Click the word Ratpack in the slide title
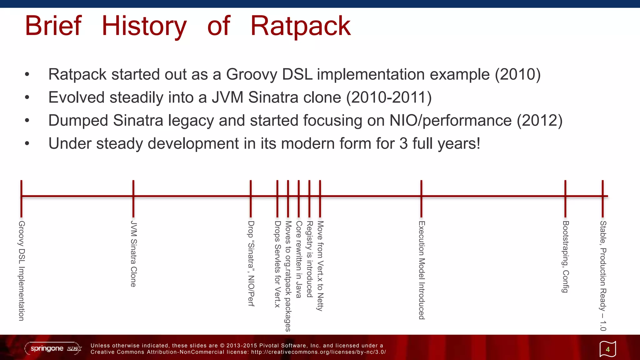pyautogui.click(x=300, y=26)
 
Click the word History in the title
pyautogui.click(x=144, y=26)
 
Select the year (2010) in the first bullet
pyautogui.click(x=517, y=75)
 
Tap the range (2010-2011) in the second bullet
pyautogui.click(x=389, y=97)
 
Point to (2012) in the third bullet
pyautogui.click(x=539, y=121)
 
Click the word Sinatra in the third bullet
pyautogui.click(x=138, y=121)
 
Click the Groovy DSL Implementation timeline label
pyautogui.click(x=21, y=271)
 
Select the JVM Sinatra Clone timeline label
pyautogui.click(x=133, y=254)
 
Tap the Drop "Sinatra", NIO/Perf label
pyautogui.click(x=251, y=263)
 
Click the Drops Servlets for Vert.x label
pyautogui.click(x=277, y=264)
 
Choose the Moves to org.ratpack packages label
pyautogui.click(x=288, y=276)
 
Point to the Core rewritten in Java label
pyautogui.click(x=298, y=259)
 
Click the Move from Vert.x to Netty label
pyautogui.click(x=320, y=266)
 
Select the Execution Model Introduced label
pyautogui.click(x=422, y=270)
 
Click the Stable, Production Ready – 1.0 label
pyautogui.click(x=603, y=276)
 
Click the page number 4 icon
pyautogui.click(x=607, y=349)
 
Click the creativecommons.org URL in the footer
pyautogui.click(x=318, y=352)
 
